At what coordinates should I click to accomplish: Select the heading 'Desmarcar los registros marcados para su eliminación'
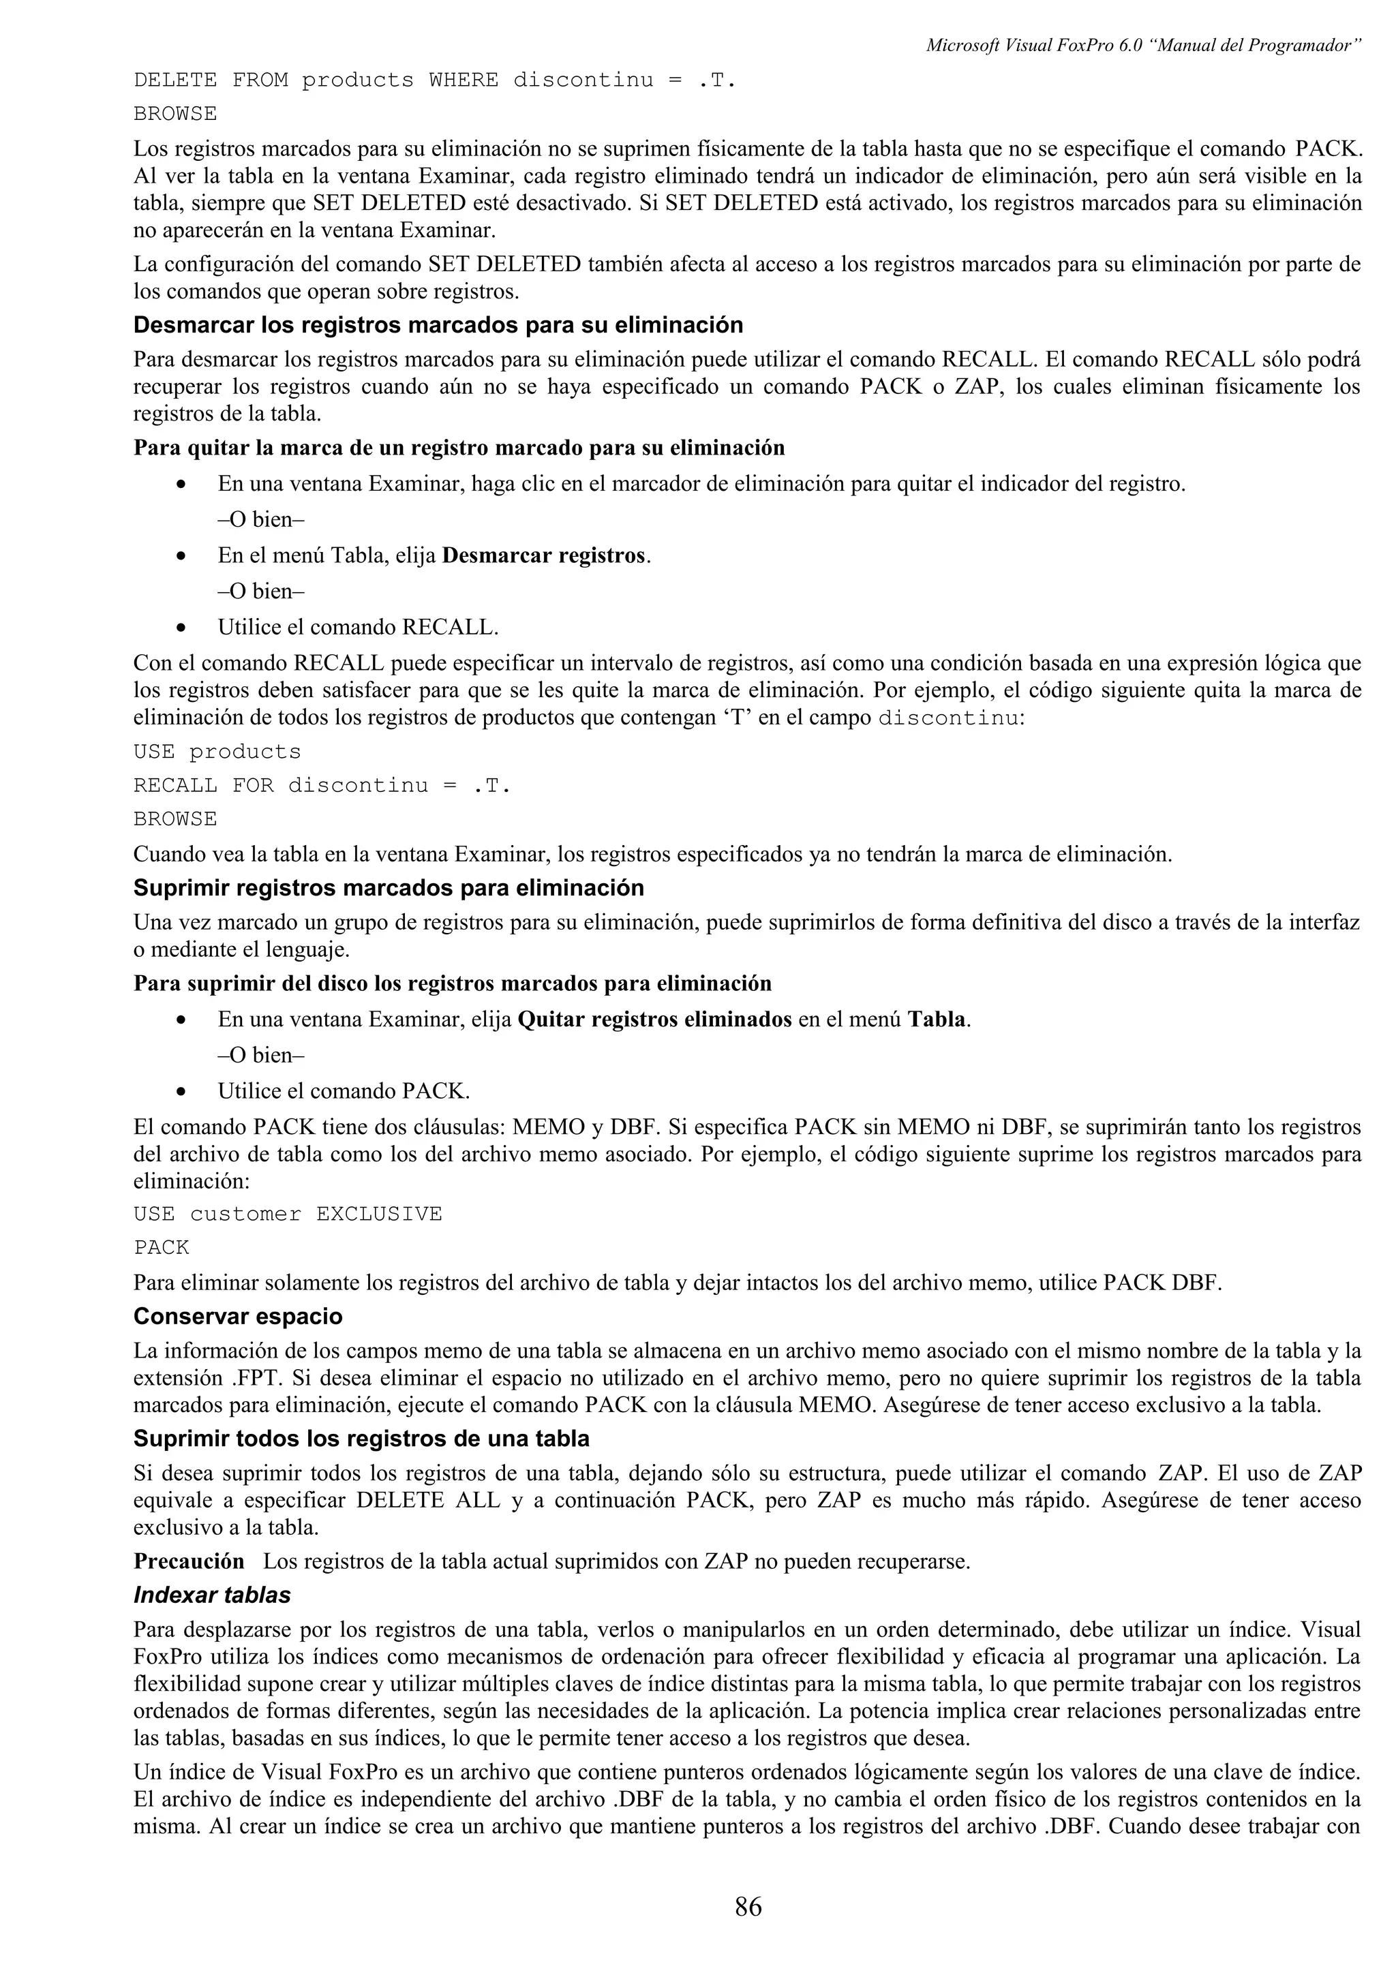point(438,325)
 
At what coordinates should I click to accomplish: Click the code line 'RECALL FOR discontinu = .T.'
point(322,785)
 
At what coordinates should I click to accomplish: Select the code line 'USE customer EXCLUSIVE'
point(287,1214)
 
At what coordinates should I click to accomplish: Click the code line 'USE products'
point(217,752)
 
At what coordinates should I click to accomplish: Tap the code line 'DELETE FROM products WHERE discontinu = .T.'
point(434,81)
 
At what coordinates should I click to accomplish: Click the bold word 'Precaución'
point(188,1561)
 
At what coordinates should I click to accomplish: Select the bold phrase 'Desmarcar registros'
point(543,555)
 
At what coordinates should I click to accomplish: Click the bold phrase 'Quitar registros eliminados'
point(654,1020)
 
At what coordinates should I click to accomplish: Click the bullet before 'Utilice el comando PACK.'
point(181,1092)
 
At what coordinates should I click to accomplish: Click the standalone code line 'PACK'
point(161,1247)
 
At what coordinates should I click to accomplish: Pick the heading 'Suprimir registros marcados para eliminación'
point(389,888)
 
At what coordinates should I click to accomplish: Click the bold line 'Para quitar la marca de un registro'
point(459,448)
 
